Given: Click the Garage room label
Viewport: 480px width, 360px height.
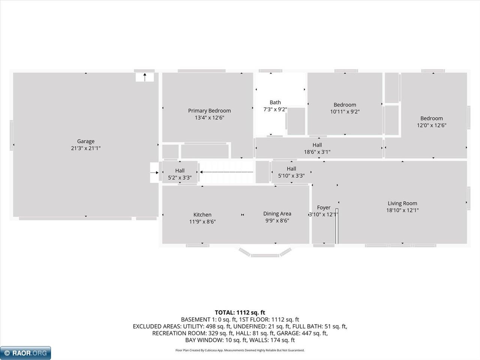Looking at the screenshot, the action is coord(86,141).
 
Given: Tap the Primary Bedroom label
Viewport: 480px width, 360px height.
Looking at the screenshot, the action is coord(210,111).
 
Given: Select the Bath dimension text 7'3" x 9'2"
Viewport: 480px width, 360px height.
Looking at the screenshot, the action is coord(275,109).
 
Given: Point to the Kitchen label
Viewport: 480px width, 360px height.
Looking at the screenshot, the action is coord(202,214).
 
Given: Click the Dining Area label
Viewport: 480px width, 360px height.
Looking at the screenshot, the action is coord(277,213).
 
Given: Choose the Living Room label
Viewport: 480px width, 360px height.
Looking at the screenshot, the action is coord(402,203).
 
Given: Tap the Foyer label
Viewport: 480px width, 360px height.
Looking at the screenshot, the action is coord(324,207).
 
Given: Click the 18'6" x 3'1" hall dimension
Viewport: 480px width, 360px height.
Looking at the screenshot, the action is coord(317,152).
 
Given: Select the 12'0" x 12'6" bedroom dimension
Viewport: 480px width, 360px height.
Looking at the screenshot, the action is coord(432,125).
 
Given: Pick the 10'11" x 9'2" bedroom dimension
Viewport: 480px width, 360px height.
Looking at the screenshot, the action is coord(345,112).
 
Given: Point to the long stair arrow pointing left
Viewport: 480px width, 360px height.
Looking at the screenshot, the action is coord(227,172).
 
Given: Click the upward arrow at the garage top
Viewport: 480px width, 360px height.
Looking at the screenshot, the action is coord(145,77).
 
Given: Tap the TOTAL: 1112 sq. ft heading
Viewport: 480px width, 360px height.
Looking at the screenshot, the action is coord(240,313).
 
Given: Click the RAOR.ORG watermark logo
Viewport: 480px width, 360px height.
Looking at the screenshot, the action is coord(25,353).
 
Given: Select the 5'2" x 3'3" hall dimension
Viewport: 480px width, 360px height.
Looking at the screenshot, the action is coord(180,178).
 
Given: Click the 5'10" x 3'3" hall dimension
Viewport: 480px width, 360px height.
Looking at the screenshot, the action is coord(291,176).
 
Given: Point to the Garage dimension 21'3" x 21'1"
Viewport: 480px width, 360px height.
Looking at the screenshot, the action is coord(86,148).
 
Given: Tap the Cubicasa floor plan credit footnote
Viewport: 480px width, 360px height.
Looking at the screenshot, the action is coord(240,350).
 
